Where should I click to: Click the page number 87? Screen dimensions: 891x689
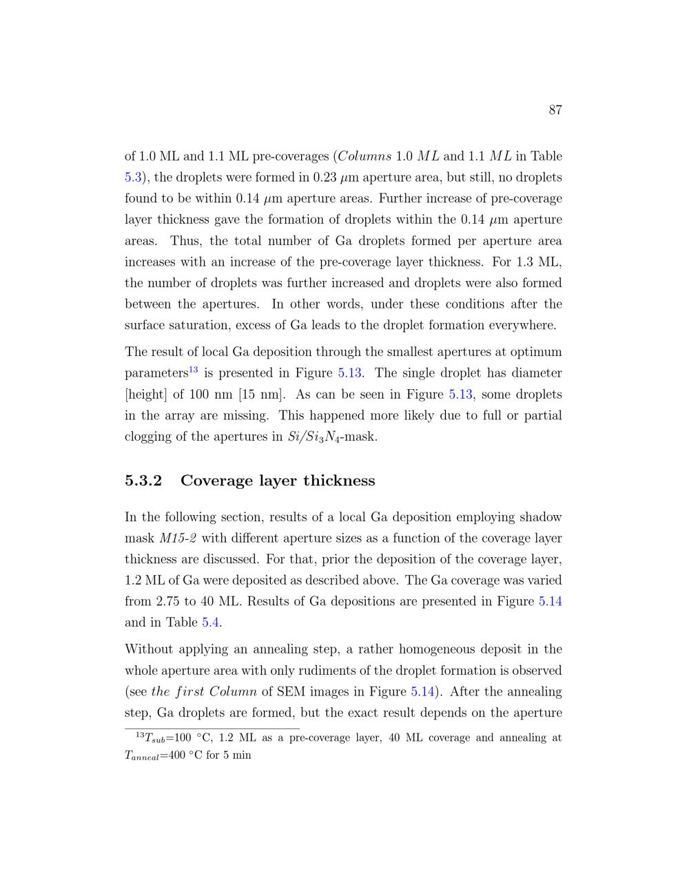(555, 110)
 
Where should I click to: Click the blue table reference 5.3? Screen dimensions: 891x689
(133, 178)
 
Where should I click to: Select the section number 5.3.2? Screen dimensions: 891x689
(143, 481)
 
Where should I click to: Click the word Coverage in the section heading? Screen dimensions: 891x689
(216, 481)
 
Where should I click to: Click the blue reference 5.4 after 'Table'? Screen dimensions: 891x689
(211, 622)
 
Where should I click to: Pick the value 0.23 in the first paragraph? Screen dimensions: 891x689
(325, 178)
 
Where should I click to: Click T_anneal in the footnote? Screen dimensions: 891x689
(141, 755)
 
